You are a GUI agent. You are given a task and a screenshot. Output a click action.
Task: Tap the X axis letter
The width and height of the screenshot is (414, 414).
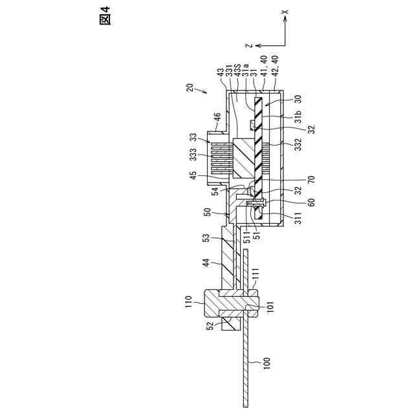click(x=285, y=12)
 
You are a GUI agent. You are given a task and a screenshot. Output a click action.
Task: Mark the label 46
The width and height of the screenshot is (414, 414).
click(x=217, y=118)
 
